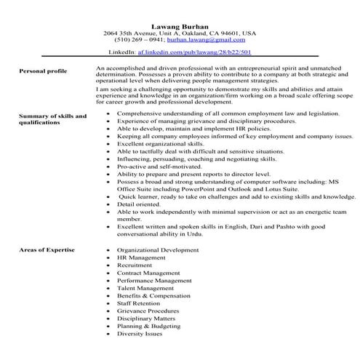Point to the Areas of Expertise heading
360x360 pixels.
click(x=47, y=249)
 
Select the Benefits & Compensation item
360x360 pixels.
click(x=153, y=299)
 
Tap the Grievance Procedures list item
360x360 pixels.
click(x=149, y=316)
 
